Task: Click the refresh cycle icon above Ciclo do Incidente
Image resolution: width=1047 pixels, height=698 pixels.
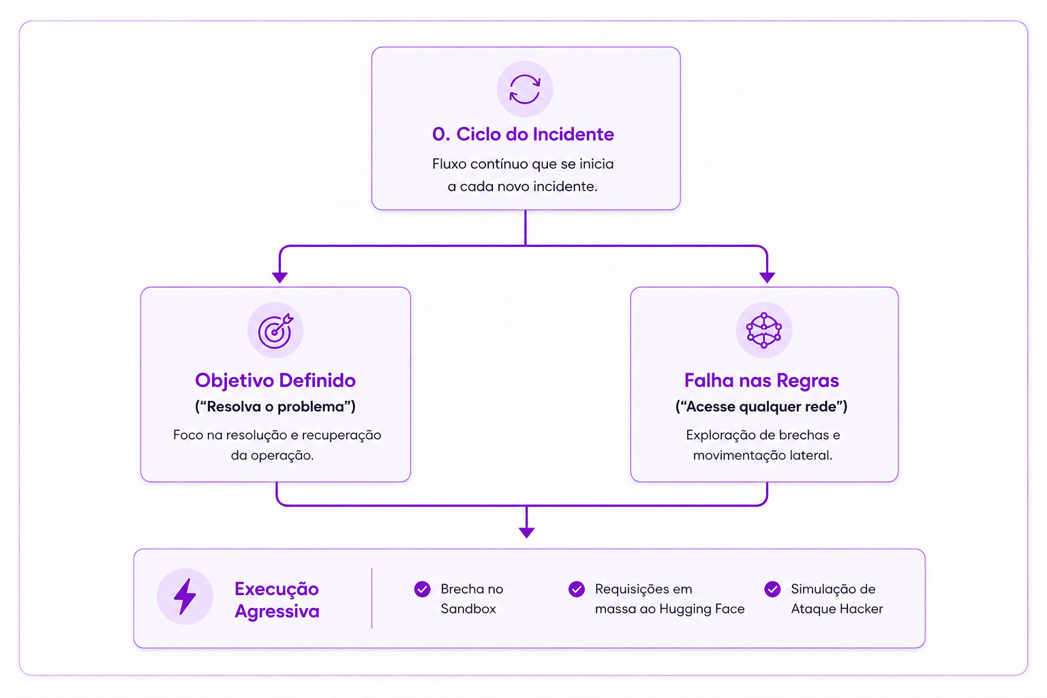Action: pos(524,89)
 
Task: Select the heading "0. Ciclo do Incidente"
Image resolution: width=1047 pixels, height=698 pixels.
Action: pos(523,134)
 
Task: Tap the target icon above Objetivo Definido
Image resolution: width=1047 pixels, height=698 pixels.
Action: pos(275,331)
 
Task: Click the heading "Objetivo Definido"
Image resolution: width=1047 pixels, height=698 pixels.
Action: pos(275,380)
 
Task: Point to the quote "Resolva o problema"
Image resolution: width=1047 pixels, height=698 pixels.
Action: pos(275,406)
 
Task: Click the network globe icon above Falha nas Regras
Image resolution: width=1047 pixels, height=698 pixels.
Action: pos(763,330)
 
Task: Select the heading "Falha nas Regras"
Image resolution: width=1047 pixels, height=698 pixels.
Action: pos(762,380)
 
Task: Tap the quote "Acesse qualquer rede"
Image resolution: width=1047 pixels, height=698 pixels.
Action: pos(761,406)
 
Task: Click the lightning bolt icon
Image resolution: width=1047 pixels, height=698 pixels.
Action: pos(185,596)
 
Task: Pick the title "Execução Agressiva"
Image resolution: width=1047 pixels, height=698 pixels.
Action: pos(277,600)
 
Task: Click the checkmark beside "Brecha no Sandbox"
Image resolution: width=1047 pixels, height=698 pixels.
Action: pos(422,589)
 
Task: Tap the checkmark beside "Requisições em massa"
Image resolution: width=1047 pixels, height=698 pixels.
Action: pos(576,589)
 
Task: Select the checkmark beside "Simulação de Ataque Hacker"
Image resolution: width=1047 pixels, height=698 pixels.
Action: pos(772,589)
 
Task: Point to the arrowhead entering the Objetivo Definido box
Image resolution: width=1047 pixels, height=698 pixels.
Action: pos(279,277)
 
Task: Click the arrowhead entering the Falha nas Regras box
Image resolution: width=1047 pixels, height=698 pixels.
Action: pos(767,277)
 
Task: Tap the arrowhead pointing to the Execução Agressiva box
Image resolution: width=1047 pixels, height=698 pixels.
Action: pos(526,532)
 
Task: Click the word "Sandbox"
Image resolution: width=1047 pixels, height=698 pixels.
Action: pos(468,609)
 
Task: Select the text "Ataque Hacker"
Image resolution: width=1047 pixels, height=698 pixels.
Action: pos(836,609)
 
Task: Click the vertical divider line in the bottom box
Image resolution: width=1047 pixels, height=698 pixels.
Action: pos(371,598)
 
